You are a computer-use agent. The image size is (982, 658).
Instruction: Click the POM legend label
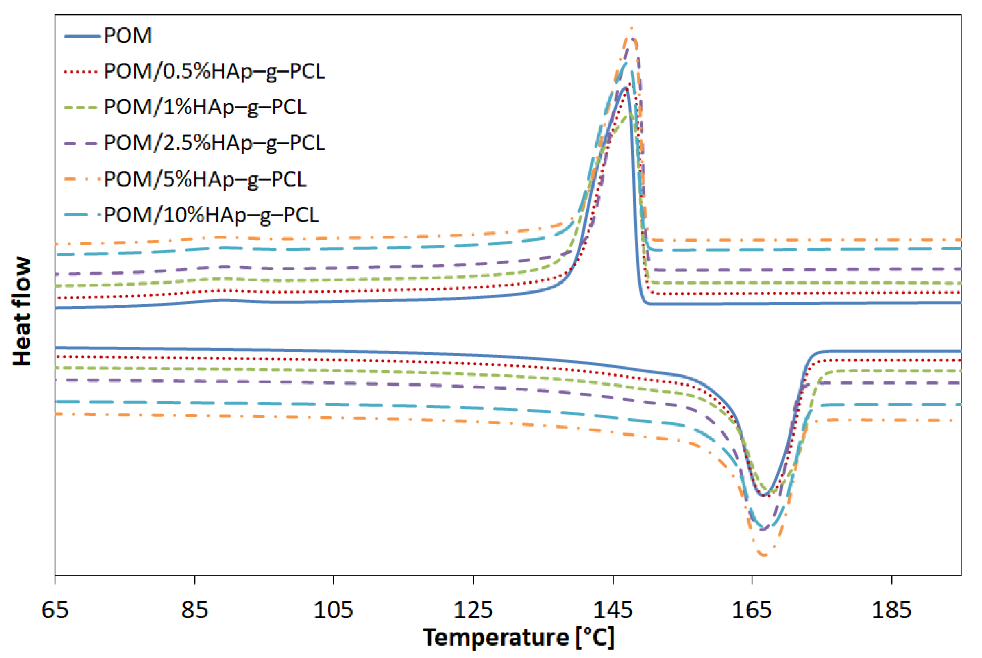(x=128, y=35)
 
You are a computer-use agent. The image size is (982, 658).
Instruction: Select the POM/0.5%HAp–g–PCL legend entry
(x=214, y=71)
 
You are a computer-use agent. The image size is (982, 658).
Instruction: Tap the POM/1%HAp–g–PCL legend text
(x=205, y=107)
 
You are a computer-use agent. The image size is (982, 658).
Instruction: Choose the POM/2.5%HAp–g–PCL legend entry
(x=214, y=143)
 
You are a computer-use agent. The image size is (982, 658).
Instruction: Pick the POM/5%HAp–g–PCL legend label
(x=205, y=179)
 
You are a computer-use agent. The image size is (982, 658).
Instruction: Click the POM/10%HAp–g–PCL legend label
(x=211, y=215)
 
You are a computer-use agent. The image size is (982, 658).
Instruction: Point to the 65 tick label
(x=55, y=610)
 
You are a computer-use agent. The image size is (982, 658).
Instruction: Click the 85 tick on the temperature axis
(x=194, y=610)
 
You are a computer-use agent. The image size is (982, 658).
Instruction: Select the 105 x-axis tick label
(x=333, y=610)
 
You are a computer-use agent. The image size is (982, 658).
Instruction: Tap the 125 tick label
(x=473, y=610)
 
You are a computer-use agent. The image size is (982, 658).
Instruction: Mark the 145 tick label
(x=613, y=610)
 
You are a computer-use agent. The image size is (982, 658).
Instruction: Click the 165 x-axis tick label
(x=752, y=610)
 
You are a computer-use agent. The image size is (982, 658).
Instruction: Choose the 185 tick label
(x=891, y=610)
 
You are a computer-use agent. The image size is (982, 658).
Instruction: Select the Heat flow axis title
(x=22, y=311)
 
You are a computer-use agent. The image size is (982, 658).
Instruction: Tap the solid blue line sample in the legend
(x=82, y=36)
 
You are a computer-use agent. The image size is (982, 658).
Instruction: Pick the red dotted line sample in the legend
(x=82, y=72)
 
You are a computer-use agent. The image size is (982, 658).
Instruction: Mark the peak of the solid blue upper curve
(x=626, y=88)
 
